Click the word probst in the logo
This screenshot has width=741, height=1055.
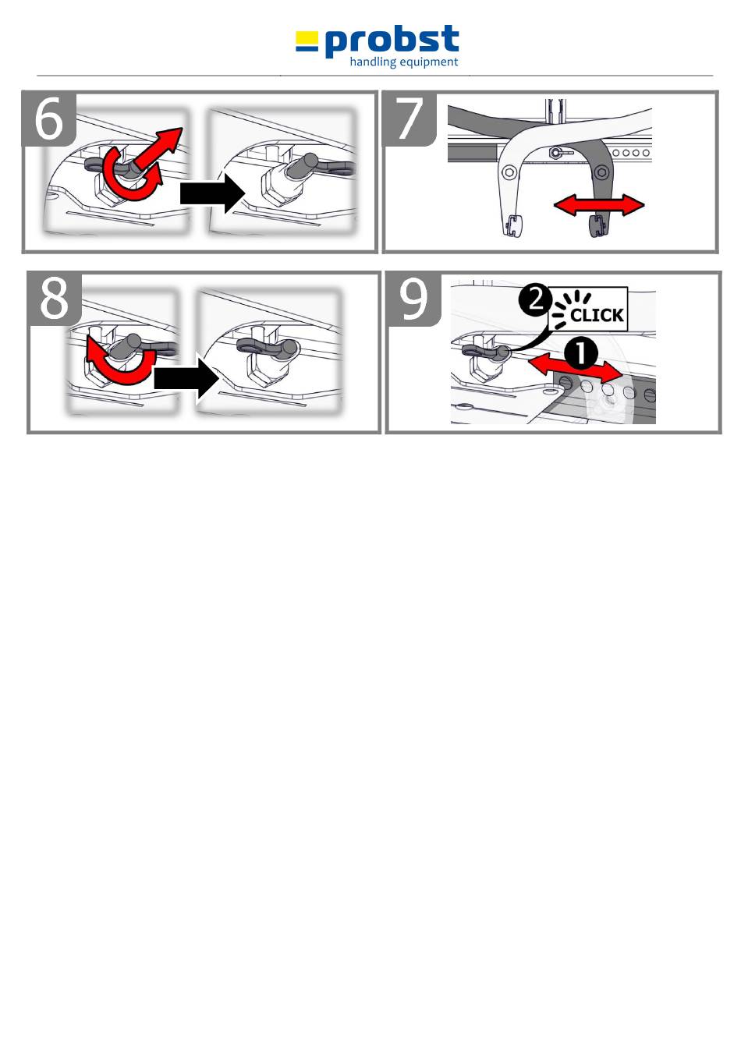392,41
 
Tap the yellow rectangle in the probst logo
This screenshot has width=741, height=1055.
307,37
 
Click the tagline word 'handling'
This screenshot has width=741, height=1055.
373,62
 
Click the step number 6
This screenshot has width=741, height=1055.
48,119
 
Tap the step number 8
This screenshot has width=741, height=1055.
54,299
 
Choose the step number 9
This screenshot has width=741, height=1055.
413,299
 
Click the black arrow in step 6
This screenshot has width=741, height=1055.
212,193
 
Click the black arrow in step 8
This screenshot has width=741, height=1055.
186,378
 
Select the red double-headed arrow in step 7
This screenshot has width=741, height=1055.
599,205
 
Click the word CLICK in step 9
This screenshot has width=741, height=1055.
597,315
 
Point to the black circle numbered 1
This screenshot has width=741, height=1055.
581,353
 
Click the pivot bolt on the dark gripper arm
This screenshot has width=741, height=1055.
601,172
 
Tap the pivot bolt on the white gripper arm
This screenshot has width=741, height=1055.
509,172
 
